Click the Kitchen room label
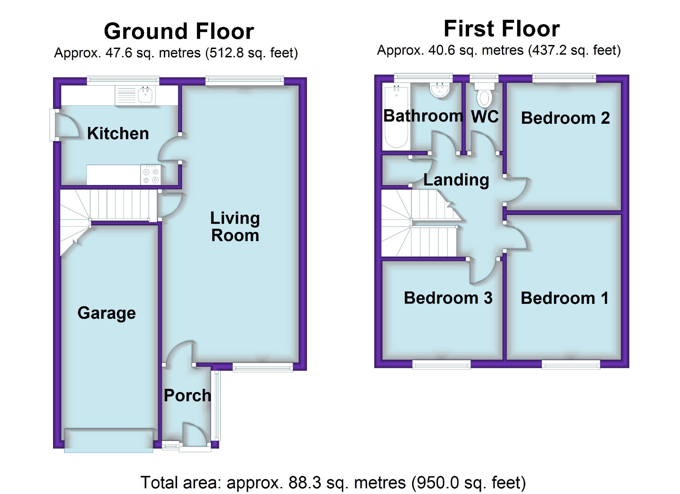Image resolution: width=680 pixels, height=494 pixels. (x=118, y=133)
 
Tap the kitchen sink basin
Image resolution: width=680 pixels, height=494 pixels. (x=146, y=95)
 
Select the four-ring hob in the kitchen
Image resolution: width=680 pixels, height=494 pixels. (x=151, y=175)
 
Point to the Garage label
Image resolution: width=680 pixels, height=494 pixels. (x=107, y=314)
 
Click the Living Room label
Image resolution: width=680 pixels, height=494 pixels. (x=235, y=227)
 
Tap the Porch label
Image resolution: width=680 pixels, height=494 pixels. (x=187, y=395)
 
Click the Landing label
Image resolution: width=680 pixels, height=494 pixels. (x=456, y=180)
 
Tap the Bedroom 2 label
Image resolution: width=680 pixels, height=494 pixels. (x=565, y=118)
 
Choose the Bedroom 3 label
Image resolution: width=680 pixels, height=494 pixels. (x=448, y=298)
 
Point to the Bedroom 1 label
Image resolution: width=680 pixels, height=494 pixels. (x=564, y=298)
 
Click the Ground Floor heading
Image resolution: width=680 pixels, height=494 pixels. (x=179, y=31)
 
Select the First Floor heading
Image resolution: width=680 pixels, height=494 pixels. (x=502, y=29)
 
